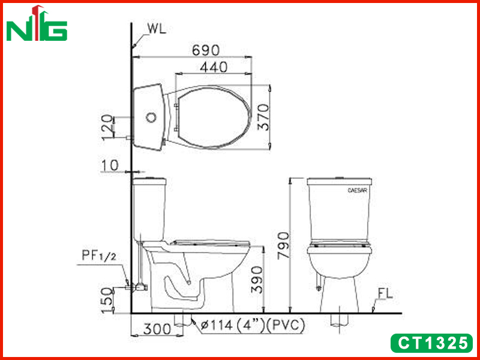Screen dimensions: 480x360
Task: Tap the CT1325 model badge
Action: [x=432, y=343]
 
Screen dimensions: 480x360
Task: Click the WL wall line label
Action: [x=157, y=28]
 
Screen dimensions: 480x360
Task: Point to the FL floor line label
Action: [x=385, y=293]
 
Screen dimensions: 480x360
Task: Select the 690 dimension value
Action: [x=206, y=50]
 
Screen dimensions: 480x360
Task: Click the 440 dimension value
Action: [x=214, y=67]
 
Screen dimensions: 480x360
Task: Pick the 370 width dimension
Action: [x=263, y=117]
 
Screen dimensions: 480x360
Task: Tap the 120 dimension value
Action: [x=107, y=127]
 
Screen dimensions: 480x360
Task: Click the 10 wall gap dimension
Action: [x=110, y=166]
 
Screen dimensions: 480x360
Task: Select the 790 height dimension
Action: [x=283, y=246]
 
